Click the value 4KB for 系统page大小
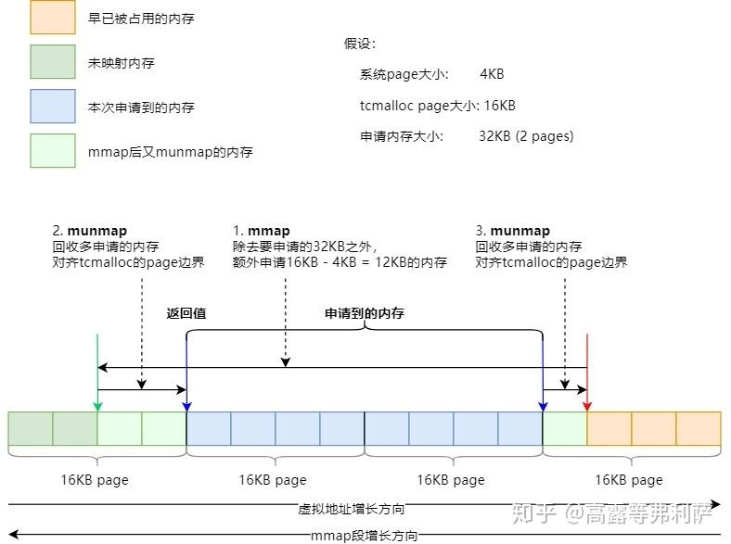pyautogui.click(x=492, y=74)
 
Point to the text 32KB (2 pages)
pyautogui.click(x=527, y=136)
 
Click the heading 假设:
pyautogui.click(x=360, y=44)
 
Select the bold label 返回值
pyautogui.click(x=186, y=313)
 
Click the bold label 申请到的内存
pyautogui.click(x=364, y=313)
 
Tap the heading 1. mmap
pyautogui.click(x=262, y=231)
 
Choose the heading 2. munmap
pyautogui.click(x=90, y=231)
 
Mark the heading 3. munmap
pyautogui.click(x=513, y=231)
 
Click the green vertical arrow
pyautogui.click(x=96, y=371)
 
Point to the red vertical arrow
pyautogui.click(x=587, y=371)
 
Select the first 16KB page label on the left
pyautogui.click(x=94, y=479)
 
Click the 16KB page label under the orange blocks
pyautogui.click(x=628, y=479)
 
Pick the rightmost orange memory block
pyautogui.click(x=699, y=428)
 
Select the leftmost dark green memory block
pyautogui.click(x=31, y=428)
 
